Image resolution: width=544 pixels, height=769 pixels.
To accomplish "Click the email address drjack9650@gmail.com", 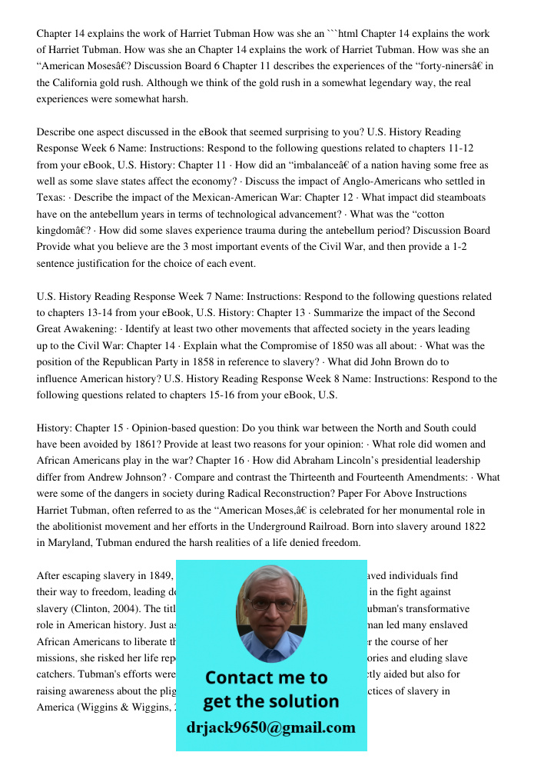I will (x=270, y=727).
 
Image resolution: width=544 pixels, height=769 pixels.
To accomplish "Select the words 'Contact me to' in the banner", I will (x=266, y=677).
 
